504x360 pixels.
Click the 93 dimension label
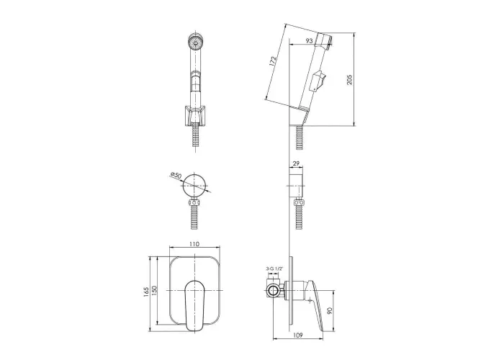point(309,41)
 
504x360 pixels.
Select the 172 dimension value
point(273,62)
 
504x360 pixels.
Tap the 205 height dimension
point(350,79)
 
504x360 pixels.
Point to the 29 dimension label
point(296,163)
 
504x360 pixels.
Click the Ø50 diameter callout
point(176,176)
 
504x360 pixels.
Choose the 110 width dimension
point(194,244)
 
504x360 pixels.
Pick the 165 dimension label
point(146,292)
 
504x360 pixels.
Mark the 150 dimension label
point(154,291)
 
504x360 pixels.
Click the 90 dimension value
point(330,310)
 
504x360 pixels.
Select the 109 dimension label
point(298,336)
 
